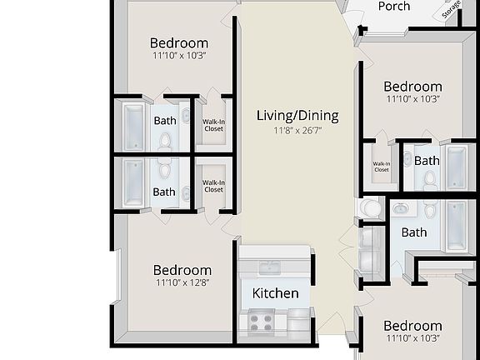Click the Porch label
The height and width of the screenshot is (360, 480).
tap(394, 7)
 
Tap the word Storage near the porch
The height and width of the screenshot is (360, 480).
tap(452, 10)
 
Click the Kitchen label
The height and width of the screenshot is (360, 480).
tap(275, 293)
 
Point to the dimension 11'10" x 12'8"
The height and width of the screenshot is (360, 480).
tap(182, 282)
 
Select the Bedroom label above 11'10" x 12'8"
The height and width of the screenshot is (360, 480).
tap(182, 270)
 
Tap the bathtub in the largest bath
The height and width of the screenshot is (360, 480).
tap(457, 226)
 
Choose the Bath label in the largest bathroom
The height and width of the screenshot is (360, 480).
tap(413, 232)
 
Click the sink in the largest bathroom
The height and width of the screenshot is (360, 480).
tap(401, 208)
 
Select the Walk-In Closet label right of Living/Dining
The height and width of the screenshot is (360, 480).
tap(381, 167)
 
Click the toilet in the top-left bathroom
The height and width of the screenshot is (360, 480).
tap(165, 139)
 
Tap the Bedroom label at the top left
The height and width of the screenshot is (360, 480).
tap(179, 43)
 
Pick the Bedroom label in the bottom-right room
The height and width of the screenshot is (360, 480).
tap(412, 326)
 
